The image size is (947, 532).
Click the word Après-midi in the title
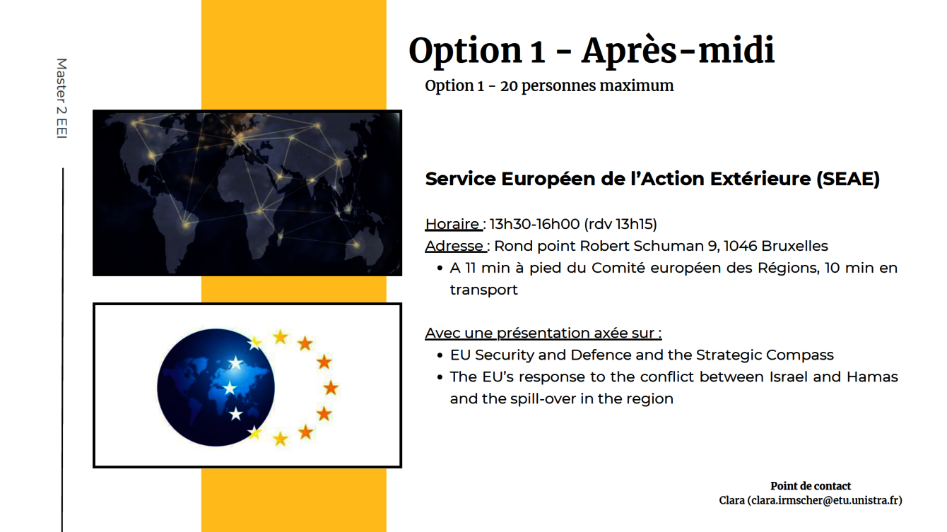[678, 51]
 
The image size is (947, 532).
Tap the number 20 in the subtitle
[509, 86]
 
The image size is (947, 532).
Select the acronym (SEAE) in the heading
[847, 179]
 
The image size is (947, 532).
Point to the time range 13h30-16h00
[534, 224]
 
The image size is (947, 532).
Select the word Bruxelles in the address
[795, 246]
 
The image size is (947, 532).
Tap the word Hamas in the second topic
[872, 377]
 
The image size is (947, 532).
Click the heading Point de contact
[811, 486]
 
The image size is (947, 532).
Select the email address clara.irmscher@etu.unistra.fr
[825, 501]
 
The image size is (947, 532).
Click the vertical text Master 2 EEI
[61, 98]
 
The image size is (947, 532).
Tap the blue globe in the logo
[216, 387]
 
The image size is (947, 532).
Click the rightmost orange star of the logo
[331, 387]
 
